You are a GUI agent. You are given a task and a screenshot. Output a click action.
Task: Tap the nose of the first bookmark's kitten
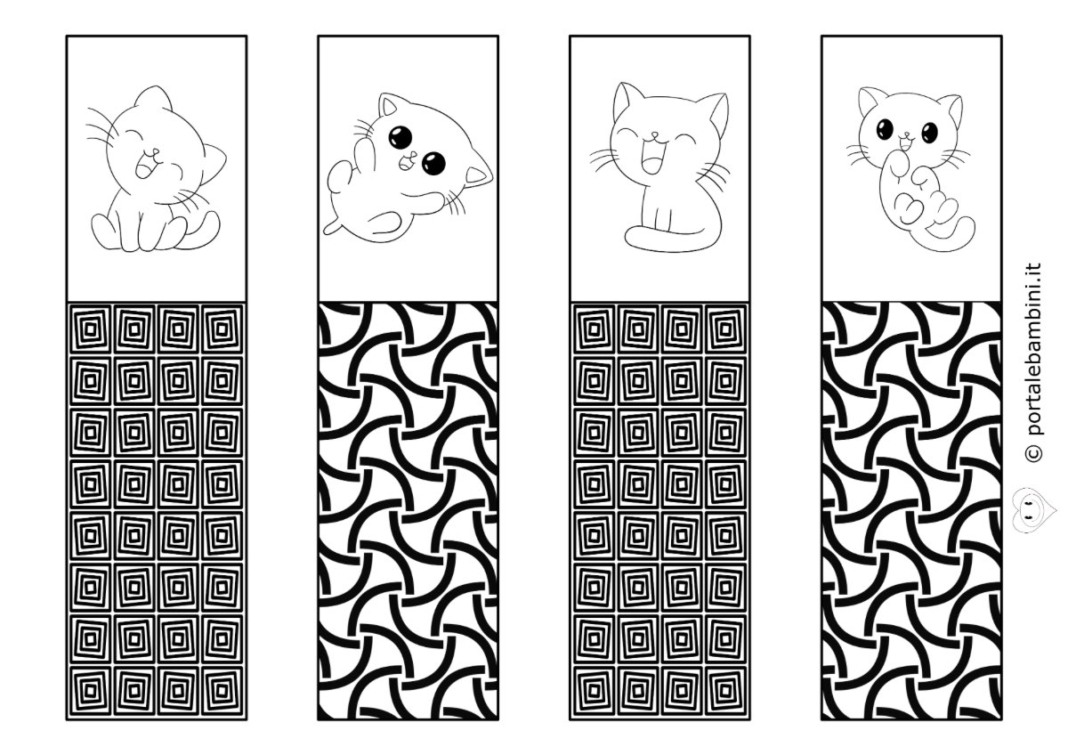(x=155, y=153)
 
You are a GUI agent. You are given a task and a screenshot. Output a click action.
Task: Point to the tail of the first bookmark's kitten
(x=199, y=232)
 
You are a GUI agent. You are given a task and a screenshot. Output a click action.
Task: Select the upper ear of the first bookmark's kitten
(x=152, y=97)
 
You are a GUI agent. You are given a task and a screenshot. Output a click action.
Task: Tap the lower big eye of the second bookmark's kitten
(x=433, y=163)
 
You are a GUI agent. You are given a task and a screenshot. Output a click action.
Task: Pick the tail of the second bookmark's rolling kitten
(x=333, y=227)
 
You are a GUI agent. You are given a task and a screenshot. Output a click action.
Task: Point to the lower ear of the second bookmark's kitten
(x=478, y=175)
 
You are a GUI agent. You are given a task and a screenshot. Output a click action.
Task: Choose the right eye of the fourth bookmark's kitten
(x=930, y=132)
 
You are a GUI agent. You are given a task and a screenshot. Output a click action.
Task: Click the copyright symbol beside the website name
(x=1032, y=453)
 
